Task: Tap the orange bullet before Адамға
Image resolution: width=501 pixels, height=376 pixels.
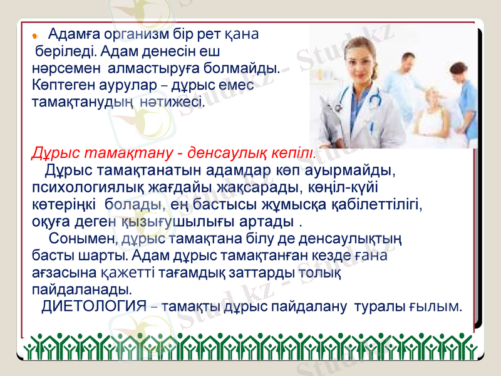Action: [36, 33]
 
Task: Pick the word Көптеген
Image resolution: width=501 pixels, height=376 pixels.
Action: [59, 83]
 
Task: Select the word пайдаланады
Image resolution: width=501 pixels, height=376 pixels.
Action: [81, 290]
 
